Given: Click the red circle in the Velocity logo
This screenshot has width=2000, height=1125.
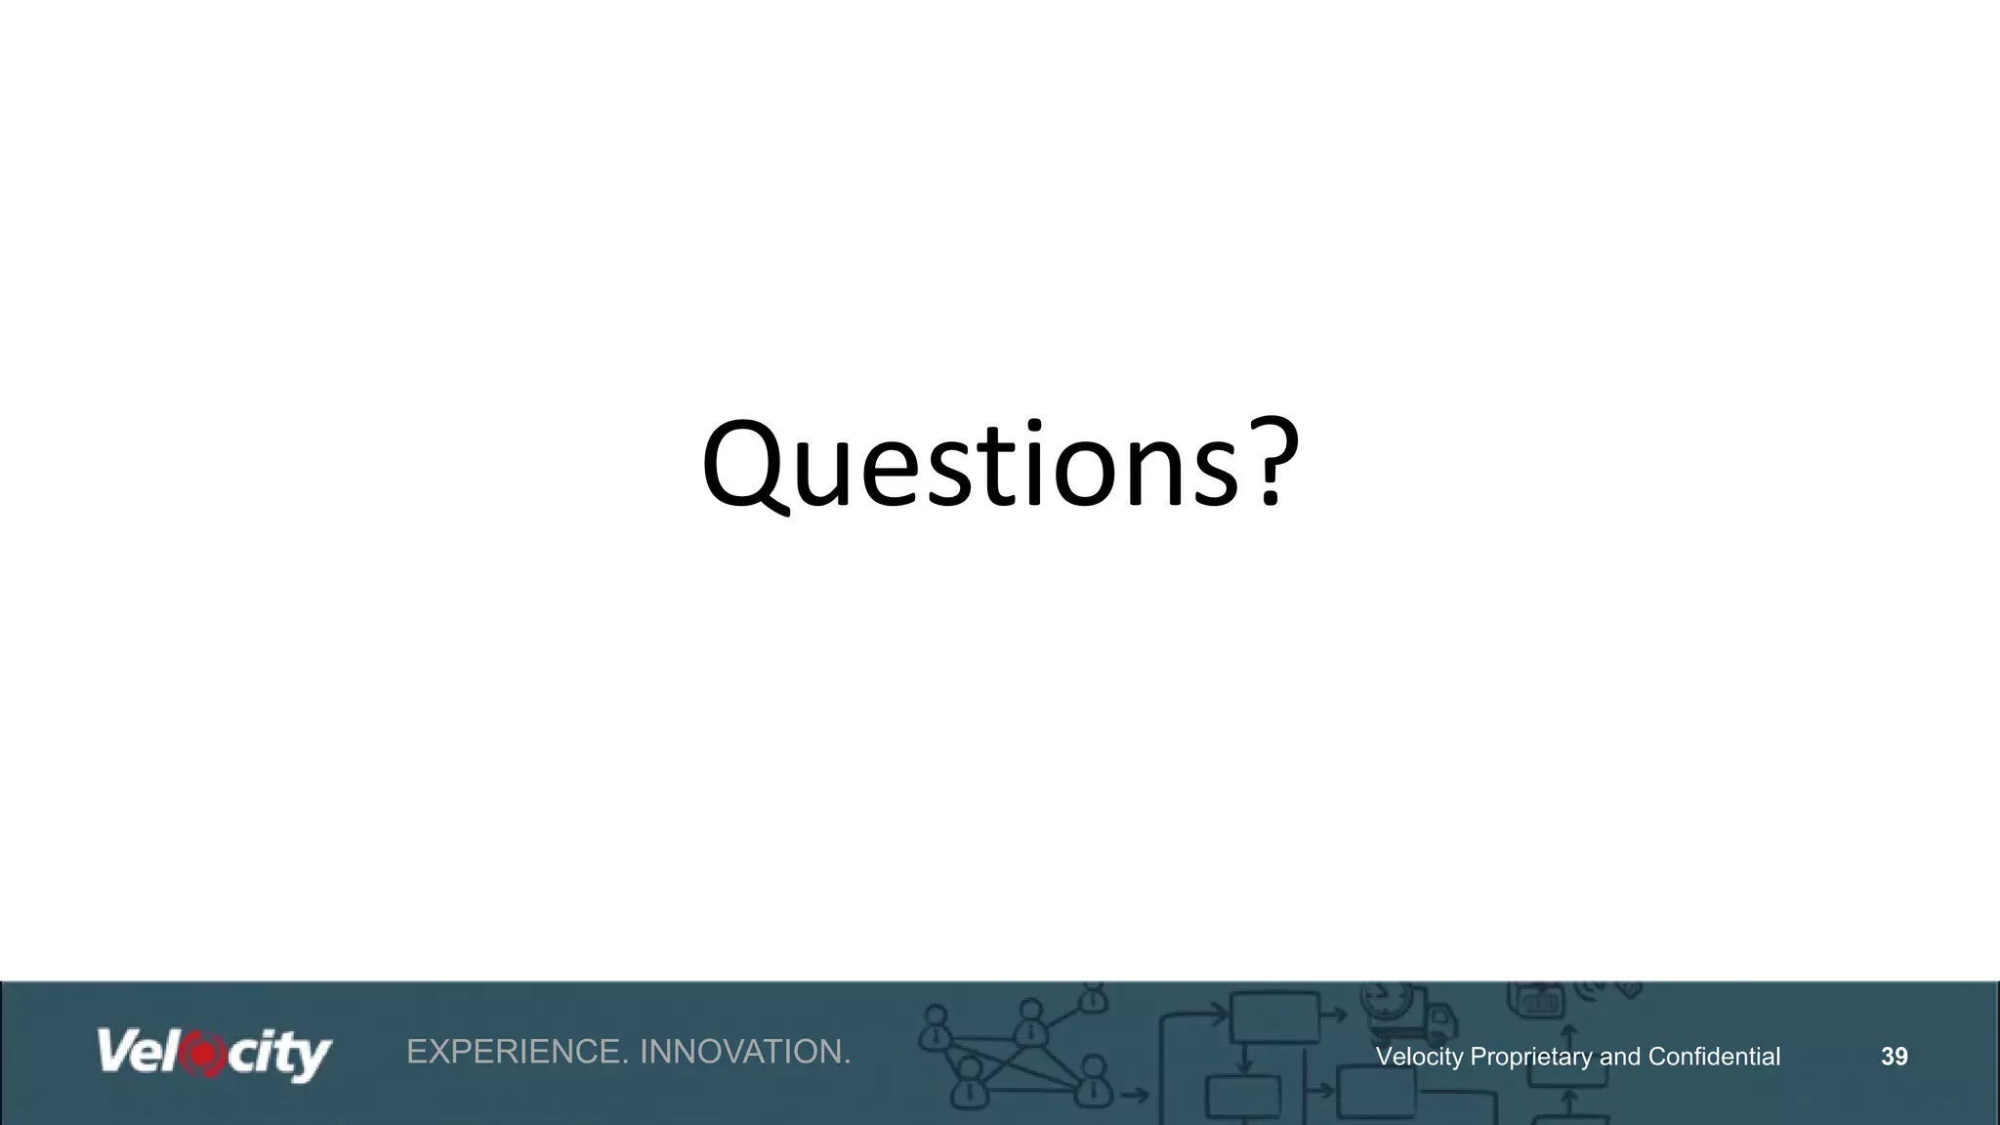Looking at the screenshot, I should [203, 1055].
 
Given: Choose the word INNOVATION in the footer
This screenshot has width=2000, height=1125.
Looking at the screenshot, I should [745, 1052].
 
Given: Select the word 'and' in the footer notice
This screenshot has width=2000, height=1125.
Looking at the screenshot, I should [1620, 1057].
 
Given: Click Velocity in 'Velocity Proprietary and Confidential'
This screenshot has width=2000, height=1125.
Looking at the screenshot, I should [1419, 1057].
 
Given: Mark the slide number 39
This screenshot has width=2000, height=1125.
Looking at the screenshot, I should [1895, 1057].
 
